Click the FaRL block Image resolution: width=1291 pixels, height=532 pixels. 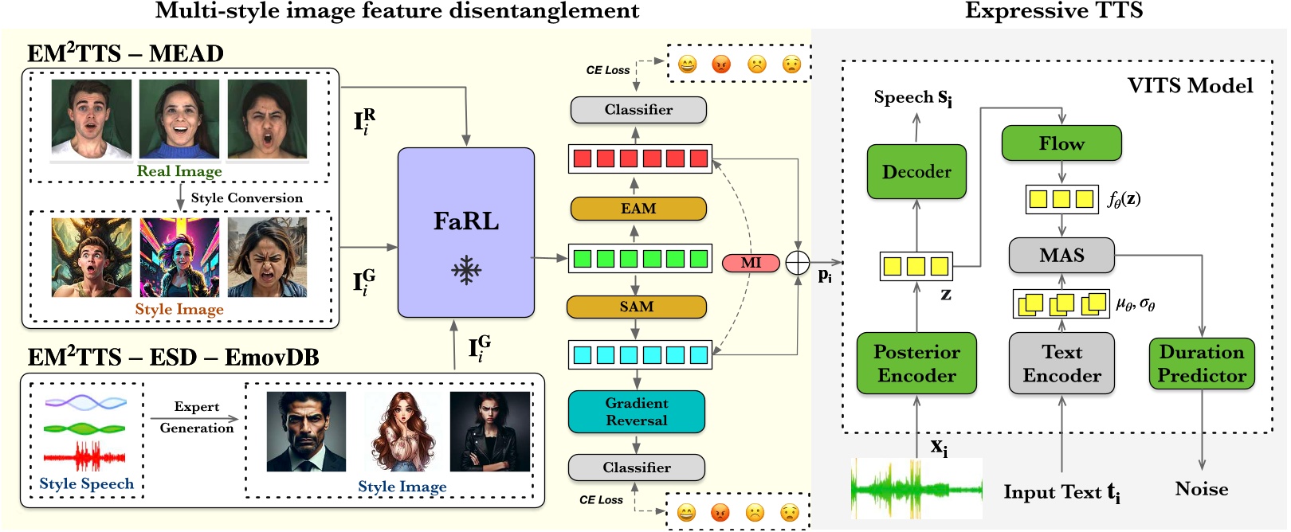(466, 232)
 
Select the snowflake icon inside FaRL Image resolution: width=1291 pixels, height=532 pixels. (466, 271)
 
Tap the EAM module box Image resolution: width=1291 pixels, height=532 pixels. (638, 209)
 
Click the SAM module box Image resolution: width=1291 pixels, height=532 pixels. (636, 307)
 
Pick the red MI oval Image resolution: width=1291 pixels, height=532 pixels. (751, 263)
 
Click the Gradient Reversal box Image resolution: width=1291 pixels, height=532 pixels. (636, 412)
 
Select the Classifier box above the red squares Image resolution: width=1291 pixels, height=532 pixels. (638, 110)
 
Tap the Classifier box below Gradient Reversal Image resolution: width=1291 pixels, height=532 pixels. (636, 467)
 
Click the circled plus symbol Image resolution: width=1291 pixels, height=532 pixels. (798, 263)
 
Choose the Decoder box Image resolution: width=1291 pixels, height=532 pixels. (916, 171)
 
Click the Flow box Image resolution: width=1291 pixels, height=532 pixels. (1061, 143)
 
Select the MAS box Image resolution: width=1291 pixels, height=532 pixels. (1061, 256)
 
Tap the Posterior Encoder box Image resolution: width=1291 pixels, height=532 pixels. (916, 363)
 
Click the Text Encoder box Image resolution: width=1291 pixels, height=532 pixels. (1061, 363)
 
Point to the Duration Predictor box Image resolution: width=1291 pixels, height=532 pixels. (1201, 363)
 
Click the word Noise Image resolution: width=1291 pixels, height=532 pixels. (1201, 489)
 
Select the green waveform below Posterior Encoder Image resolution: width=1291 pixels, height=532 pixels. (916, 488)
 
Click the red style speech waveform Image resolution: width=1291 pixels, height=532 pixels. (84, 457)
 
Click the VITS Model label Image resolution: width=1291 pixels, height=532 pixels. (1190, 86)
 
